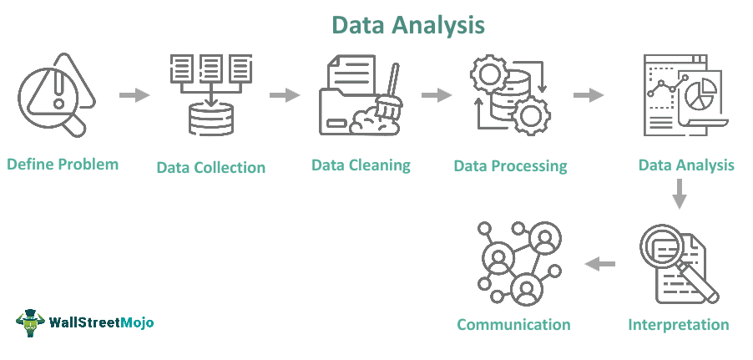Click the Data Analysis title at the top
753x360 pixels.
(x=407, y=24)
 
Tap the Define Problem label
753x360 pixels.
(x=63, y=164)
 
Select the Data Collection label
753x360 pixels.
(x=210, y=167)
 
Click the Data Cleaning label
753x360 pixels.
(x=361, y=165)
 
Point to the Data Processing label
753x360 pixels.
(x=510, y=166)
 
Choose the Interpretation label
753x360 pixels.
(x=678, y=325)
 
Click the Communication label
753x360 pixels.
(x=513, y=325)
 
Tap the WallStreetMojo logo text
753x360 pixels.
(x=100, y=322)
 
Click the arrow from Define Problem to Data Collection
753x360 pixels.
(x=134, y=94)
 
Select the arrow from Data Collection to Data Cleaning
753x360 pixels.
(x=285, y=94)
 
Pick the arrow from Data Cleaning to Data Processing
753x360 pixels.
(x=436, y=94)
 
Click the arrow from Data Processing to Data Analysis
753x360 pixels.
(x=589, y=94)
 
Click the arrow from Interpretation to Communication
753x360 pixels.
(x=599, y=264)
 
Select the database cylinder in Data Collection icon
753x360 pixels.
(x=211, y=119)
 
